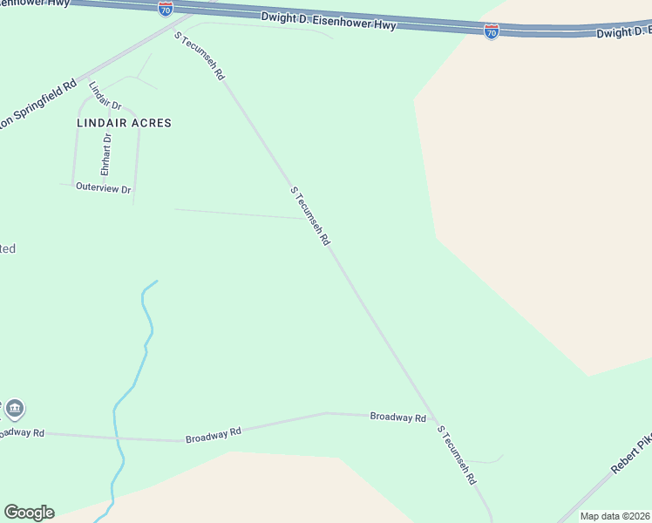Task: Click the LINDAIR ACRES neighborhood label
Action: point(124,123)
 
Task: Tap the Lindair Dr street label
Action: point(105,95)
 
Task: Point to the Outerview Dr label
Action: point(103,187)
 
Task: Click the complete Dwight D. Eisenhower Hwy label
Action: point(328,21)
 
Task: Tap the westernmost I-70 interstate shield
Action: point(166,9)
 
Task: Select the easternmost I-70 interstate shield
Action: point(492,33)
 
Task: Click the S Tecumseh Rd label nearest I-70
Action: point(200,56)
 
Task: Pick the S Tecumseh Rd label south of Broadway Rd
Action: point(458,455)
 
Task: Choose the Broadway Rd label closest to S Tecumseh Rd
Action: point(397,418)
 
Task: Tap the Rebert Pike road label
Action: point(631,455)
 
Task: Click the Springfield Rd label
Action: point(38,105)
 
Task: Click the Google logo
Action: point(29,513)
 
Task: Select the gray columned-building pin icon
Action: point(15,408)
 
